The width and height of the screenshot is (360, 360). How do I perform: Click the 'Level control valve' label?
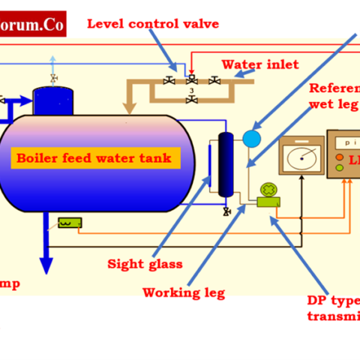tap(153, 23)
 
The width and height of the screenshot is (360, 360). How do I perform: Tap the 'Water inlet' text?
tap(260, 64)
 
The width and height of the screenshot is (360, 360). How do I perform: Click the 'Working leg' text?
tap(184, 292)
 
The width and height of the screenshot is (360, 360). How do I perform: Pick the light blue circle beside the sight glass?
tap(251, 138)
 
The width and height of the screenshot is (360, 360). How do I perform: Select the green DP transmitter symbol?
tap(267, 194)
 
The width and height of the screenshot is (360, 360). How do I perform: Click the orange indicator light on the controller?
tap(340, 159)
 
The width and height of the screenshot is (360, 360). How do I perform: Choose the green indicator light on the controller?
tap(339, 169)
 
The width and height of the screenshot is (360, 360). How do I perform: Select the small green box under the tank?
tap(69, 223)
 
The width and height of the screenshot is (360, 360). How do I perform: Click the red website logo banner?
tap(33, 23)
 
